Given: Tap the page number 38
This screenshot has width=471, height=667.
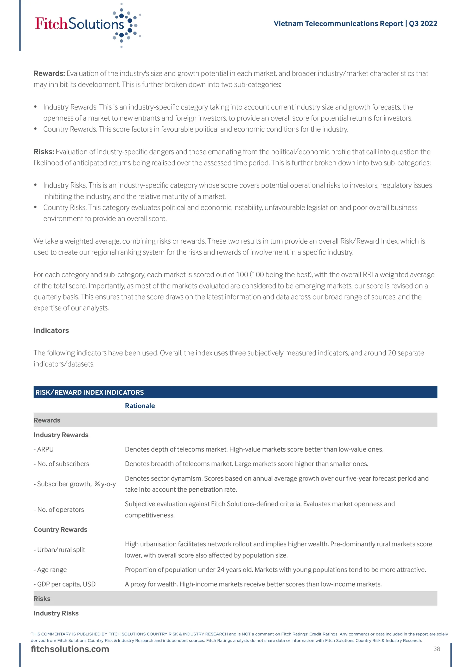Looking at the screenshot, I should (x=436, y=649).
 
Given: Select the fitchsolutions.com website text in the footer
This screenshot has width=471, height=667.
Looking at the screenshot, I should (x=70, y=649).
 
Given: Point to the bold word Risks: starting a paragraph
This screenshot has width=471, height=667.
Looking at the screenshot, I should (x=44, y=152).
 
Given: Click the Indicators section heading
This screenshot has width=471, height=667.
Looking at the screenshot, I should (x=51, y=330).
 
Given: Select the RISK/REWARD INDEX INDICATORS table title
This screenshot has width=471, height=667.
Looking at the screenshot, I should (x=89, y=392).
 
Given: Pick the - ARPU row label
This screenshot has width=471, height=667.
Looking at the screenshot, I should (x=43, y=449).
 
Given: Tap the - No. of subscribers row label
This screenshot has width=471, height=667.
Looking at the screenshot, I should (x=61, y=464).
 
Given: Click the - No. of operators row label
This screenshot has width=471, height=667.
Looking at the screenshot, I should (x=59, y=509).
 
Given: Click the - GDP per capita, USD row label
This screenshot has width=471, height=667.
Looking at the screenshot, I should (x=65, y=584).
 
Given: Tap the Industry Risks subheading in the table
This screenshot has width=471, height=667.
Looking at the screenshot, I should (x=56, y=613).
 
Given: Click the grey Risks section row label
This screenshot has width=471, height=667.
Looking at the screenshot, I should (x=42, y=598).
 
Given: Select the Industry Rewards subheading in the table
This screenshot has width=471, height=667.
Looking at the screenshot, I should (x=61, y=435).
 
